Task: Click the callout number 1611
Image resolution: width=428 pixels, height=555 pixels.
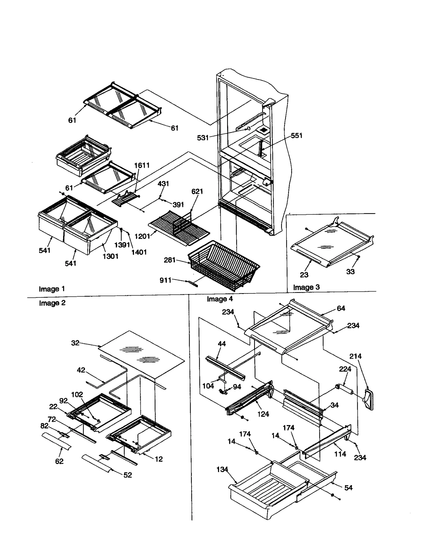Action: (142, 165)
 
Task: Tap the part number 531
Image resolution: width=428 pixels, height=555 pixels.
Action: (202, 138)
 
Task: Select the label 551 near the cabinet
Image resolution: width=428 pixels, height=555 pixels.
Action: (297, 135)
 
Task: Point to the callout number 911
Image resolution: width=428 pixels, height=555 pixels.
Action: (165, 280)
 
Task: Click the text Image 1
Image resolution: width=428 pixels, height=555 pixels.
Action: (52, 289)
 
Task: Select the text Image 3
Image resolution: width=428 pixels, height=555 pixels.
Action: (306, 287)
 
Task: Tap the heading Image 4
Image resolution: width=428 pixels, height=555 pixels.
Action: (220, 299)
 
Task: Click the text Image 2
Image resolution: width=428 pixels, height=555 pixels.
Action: (52, 303)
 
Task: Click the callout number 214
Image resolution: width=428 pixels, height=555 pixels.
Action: (355, 356)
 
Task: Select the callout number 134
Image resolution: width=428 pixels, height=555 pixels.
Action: (222, 469)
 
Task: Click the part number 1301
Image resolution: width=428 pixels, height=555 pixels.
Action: (110, 256)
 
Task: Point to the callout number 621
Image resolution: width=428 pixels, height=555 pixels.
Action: (197, 191)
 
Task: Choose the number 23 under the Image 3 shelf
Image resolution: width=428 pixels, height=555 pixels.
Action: (304, 275)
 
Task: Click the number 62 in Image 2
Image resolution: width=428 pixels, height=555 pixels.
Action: (59, 461)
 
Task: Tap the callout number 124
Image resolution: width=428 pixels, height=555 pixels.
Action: (263, 414)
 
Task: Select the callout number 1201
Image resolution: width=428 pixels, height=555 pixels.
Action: (142, 236)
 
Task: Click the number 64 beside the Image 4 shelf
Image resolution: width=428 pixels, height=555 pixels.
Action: (341, 308)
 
